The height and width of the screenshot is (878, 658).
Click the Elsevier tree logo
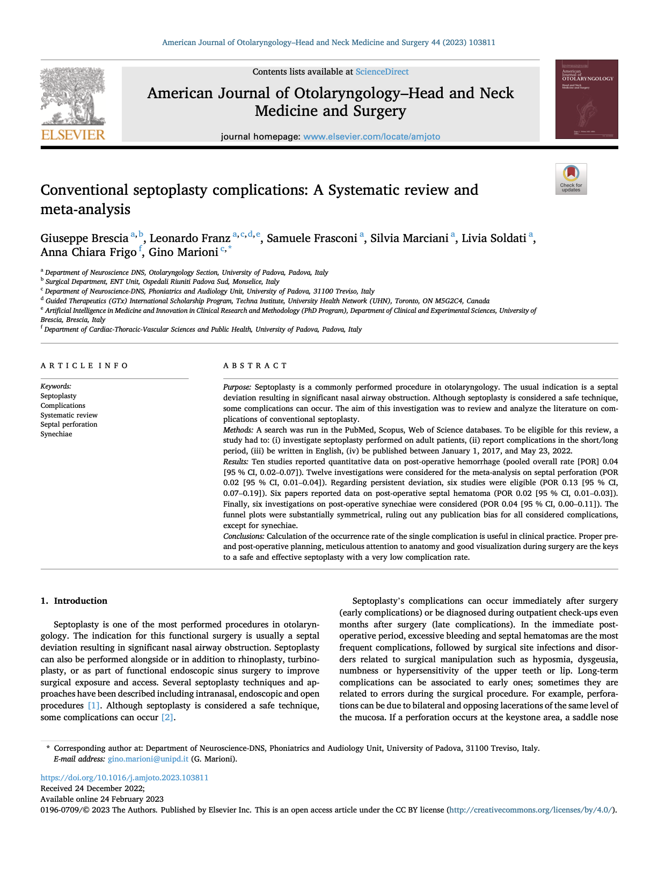73,103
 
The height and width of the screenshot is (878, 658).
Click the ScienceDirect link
382,72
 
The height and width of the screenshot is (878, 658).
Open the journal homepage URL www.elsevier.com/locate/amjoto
371,137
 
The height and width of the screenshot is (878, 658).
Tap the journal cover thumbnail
586,99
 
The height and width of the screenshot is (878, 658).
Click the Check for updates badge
571,179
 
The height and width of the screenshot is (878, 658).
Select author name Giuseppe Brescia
84,238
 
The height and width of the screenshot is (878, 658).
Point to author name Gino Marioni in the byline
183,252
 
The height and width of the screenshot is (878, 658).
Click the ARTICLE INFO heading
84,366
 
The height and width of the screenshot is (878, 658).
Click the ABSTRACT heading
255,366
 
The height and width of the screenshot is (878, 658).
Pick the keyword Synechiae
56,434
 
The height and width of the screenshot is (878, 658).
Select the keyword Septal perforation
69,425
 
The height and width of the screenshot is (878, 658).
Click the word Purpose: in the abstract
237,387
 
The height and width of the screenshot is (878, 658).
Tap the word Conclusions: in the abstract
244,536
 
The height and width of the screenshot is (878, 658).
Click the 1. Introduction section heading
74,601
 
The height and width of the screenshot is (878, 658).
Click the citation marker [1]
93,706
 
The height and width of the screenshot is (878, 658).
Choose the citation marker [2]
167,718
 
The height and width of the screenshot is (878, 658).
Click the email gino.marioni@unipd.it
148,759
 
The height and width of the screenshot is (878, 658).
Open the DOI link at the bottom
125,778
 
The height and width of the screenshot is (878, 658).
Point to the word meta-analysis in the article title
85,209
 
